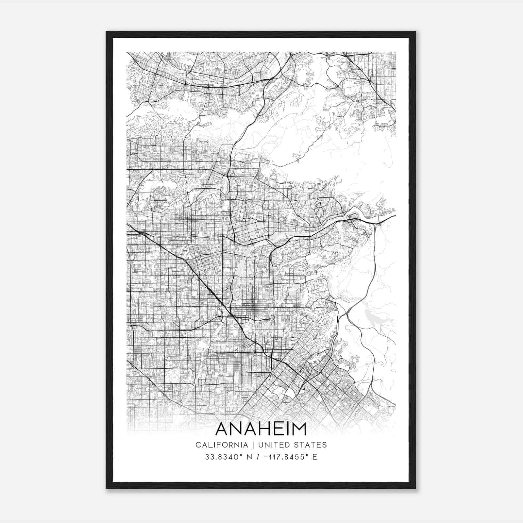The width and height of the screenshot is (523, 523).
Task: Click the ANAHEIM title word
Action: [261, 430]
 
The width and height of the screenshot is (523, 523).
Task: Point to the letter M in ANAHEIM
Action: [299, 430]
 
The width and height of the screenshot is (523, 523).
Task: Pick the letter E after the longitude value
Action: [315, 457]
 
